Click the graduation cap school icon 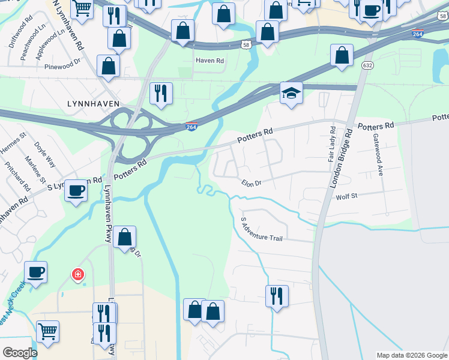[x=291, y=94]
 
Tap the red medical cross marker [x=77, y=275]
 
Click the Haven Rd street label [x=209, y=61]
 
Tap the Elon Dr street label [x=252, y=184]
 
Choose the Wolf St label [x=346, y=196]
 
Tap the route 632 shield [x=367, y=64]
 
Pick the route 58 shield [x=246, y=44]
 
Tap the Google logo [x=20, y=353]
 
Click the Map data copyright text [x=411, y=355]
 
